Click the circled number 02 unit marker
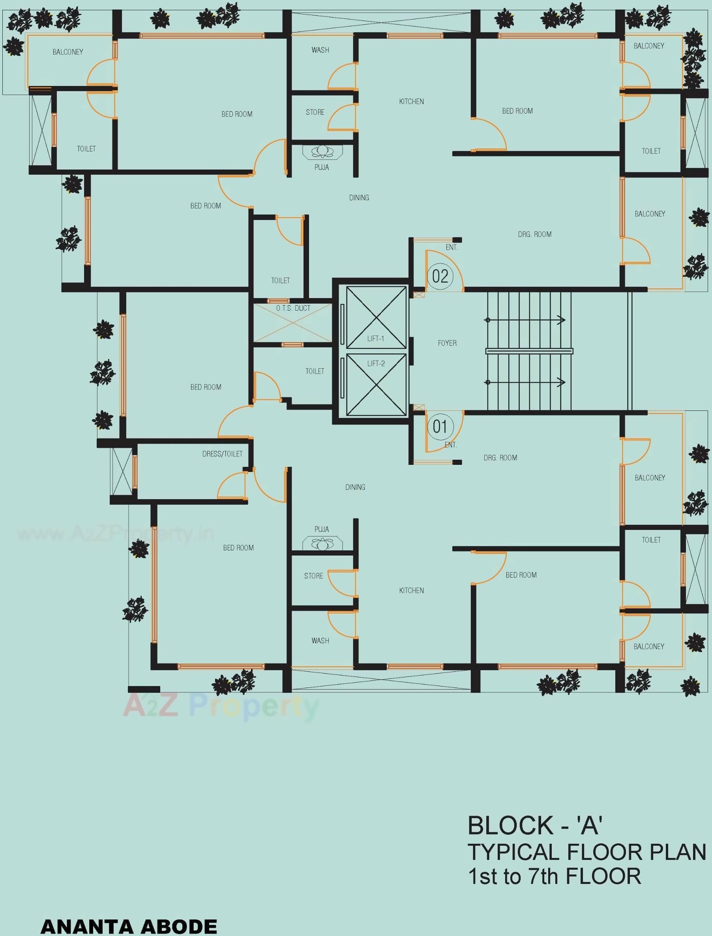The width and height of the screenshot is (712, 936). point(440,276)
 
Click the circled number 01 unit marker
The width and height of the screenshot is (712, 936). point(440,426)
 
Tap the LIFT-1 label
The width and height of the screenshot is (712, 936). point(375,339)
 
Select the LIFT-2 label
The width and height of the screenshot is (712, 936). point(376,363)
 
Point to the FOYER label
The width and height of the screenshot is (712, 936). point(447,343)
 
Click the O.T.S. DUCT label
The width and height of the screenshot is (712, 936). point(293,308)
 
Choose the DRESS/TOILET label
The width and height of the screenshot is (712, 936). point(222,454)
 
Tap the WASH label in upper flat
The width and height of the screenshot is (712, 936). point(320,50)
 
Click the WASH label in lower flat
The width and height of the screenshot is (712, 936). point(320,641)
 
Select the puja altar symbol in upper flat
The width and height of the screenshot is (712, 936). point(322,151)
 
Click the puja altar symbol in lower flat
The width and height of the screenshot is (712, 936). point(322,543)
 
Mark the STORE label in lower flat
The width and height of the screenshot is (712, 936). point(314,576)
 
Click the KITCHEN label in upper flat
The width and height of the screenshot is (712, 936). point(411,102)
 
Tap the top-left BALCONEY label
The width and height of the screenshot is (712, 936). point(68,52)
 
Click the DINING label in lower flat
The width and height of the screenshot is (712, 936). point(355,487)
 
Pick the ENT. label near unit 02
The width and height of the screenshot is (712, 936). point(452,248)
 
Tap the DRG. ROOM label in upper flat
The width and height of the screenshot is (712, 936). point(534,235)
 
